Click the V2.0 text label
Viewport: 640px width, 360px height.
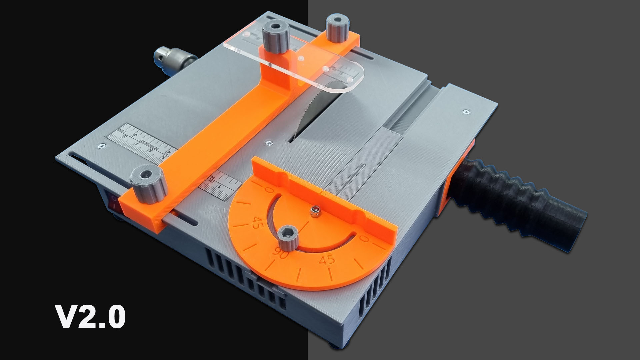[x=90, y=317]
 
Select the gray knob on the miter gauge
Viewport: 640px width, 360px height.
[x=287, y=237]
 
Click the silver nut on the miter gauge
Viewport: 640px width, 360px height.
[x=314, y=211]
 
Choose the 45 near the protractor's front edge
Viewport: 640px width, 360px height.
[x=327, y=260]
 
